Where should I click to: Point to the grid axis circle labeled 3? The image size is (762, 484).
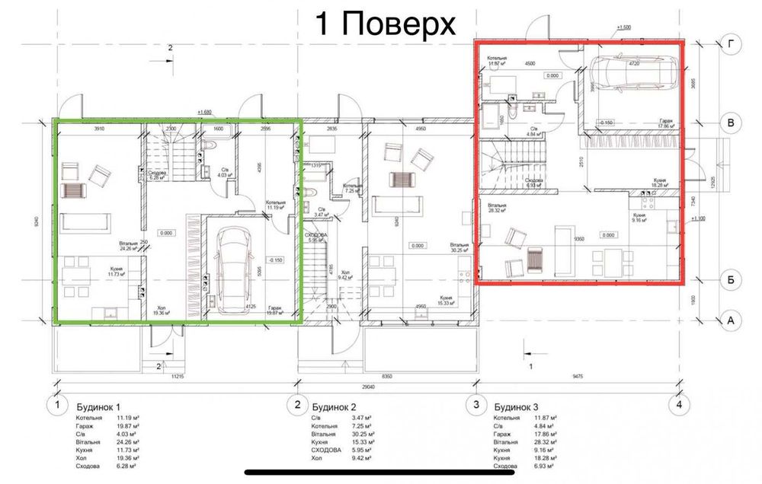pyautogui.click(x=476, y=405)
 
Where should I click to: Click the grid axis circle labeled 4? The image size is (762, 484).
pyautogui.click(x=677, y=405)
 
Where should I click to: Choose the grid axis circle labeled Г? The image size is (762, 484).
pyautogui.click(x=731, y=45)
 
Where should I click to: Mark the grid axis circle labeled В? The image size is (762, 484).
pyautogui.click(x=731, y=122)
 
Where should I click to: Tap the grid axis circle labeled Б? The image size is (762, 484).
pyautogui.click(x=731, y=281)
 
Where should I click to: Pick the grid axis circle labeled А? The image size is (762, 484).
pyautogui.click(x=731, y=321)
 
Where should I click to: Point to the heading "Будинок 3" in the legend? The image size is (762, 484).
pyautogui.click(x=517, y=406)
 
